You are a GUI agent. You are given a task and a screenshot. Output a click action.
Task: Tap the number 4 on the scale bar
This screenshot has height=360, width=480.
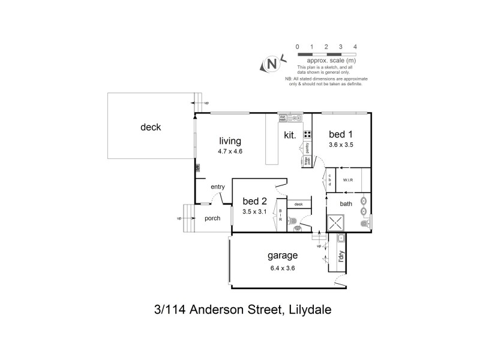(356, 46)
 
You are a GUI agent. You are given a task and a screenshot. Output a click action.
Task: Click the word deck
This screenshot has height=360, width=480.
(151, 127)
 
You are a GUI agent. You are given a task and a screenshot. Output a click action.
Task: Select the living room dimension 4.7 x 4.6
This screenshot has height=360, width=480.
(230, 151)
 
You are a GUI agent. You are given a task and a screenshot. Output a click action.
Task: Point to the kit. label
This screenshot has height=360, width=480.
(290, 136)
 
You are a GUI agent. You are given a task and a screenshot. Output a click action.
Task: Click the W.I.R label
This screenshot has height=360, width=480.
(347, 180)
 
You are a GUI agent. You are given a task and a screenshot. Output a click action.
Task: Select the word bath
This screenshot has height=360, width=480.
(346, 204)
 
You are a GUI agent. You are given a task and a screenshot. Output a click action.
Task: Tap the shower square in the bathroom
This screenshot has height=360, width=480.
(336, 224)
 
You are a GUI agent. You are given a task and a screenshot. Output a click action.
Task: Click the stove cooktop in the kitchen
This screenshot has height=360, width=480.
(307, 134)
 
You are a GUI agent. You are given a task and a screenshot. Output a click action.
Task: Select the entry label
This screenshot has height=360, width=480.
(217, 187)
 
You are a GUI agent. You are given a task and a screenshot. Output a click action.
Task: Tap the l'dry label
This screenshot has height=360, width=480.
(341, 257)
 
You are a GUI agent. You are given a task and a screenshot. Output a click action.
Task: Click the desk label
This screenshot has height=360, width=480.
(298, 205)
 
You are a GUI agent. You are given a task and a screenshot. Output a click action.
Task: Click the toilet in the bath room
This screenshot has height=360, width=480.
(364, 224)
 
